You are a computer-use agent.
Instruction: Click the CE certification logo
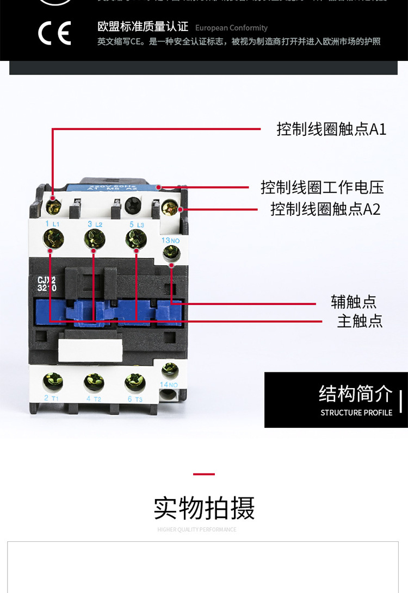[54, 34]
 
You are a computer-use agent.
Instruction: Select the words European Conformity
[231, 28]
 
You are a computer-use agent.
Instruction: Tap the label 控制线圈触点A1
[331, 129]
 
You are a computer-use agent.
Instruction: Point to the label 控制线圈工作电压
[322, 188]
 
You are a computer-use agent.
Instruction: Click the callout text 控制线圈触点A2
[325, 209]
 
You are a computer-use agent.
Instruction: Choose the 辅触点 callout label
[354, 302]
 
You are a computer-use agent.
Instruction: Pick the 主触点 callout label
[360, 321]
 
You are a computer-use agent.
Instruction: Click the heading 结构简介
[355, 394]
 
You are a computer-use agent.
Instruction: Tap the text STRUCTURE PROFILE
[356, 413]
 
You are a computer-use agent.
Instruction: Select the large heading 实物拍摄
[204, 508]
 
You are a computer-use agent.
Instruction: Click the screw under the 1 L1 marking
[53, 238]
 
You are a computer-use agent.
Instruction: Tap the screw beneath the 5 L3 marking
[135, 238]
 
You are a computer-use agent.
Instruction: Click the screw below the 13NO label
[171, 252]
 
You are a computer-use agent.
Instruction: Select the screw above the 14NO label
[170, 371]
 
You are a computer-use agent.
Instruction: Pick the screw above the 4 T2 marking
[94, 382]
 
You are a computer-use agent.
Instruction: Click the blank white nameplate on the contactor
[90, 350]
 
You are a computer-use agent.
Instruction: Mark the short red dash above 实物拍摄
[204, 474]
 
